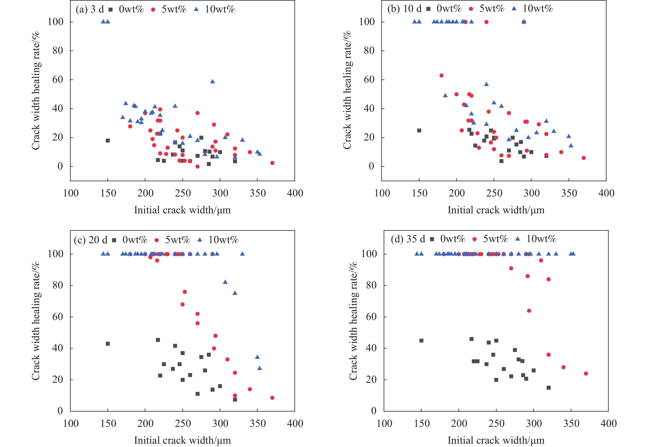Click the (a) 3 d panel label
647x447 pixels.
tap(90, 10)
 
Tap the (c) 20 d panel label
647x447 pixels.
tap(90, 240)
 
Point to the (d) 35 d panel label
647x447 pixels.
tap(408, 239)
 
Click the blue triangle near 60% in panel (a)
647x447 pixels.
tap(212, 81)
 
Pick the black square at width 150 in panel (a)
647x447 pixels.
tap(108, 141)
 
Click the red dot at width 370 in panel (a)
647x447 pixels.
tap(272, 163)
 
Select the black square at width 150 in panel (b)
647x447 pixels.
tap(419, 131)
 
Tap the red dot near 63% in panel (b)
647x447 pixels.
tap(442, 76)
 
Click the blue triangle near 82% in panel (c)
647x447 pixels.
tap(225, 282)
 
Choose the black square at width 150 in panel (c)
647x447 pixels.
tap(108, 344)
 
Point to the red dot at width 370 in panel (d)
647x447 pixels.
tap(586, 374)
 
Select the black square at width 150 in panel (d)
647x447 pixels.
tap(421, 341)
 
